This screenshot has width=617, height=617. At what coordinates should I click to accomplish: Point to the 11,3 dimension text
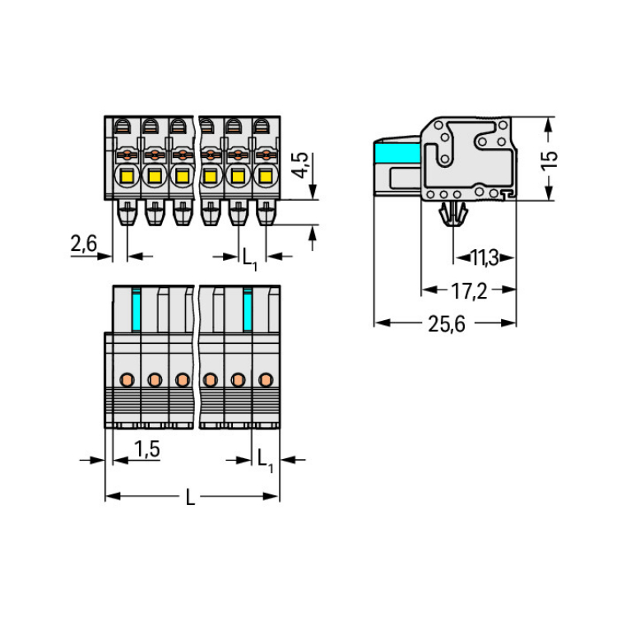pos(485,258)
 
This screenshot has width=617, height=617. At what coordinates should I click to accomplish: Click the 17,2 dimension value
pos(470,290)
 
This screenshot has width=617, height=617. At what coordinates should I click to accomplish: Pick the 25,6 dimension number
pos(446,323)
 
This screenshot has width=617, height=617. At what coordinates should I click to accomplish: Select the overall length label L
pos(190,497)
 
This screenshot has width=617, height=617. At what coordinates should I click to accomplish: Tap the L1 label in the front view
pos(249,259)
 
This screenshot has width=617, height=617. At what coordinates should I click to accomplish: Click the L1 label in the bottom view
pos(265,460)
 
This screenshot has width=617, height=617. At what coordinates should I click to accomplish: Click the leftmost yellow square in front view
pos(128,175)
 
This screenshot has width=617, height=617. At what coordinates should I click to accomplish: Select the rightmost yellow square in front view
pos(264,175)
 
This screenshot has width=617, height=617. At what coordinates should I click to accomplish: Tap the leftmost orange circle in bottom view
pos(128,379)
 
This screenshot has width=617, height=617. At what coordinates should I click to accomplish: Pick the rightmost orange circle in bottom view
pos(265,379)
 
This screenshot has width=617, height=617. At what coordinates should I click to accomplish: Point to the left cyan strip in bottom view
pos(137,308)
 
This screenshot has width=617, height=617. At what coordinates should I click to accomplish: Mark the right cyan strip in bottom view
pos(247,308)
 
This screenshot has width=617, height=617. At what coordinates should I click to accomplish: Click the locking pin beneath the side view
pos(452,216)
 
